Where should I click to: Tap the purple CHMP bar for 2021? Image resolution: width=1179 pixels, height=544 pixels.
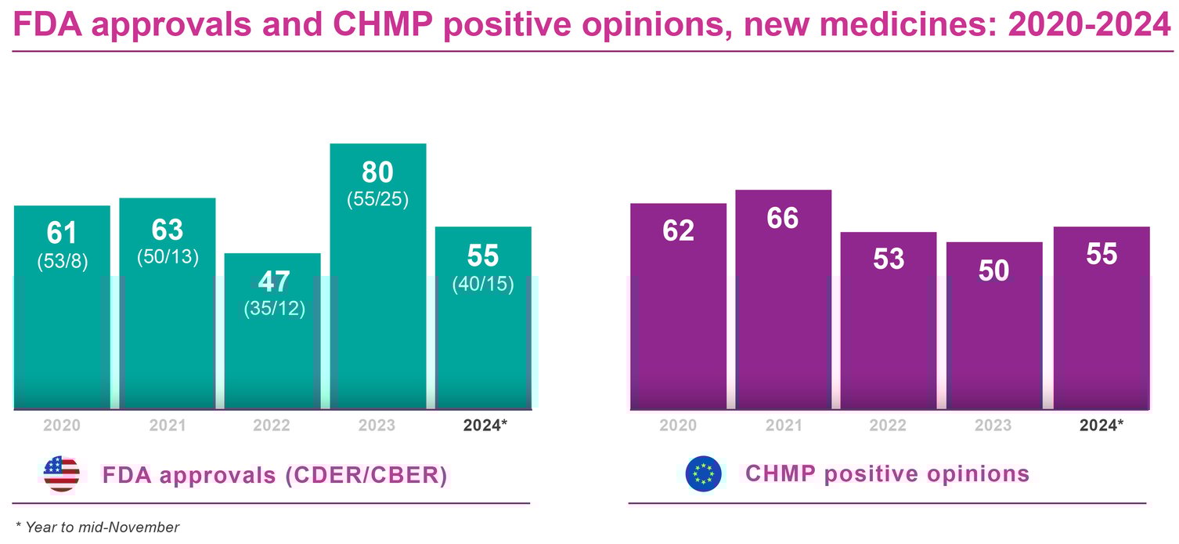(x=783, y=314)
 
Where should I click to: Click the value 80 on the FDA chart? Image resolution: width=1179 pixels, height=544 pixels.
(x=378, y=172)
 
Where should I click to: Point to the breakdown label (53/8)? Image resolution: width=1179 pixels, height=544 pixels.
(x=63, y=262)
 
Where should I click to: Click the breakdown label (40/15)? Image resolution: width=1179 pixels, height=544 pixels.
(x=483, y=284)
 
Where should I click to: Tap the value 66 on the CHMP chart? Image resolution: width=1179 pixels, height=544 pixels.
(x=783, y=218)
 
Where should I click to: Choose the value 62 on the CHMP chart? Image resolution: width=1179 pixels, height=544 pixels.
(x=678, y=231)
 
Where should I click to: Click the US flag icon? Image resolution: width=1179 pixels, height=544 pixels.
(x=61, y=473)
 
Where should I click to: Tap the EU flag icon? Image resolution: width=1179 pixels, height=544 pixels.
(x=703, y=473)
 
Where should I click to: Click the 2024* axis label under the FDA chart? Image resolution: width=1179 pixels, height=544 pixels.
(x=485, y=426)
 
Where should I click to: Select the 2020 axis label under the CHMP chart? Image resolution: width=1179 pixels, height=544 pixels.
(x=678, y=426)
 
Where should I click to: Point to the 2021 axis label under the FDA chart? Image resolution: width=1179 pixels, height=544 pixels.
(x=168, y=426)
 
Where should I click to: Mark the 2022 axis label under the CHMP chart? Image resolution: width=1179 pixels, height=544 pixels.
(x=889, y=426)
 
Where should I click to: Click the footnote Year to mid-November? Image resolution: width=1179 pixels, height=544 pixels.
(x=97, y=528)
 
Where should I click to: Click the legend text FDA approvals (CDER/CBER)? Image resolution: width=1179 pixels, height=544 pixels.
(x=274, y=475)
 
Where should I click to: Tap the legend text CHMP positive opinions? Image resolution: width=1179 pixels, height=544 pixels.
(x=887, y=473)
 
